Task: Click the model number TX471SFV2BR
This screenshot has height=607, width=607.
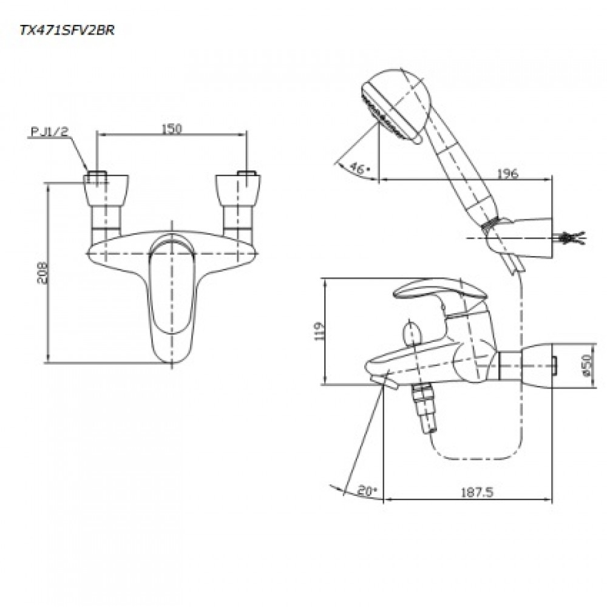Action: click(x=59, y=30)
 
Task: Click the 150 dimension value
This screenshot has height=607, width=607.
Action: click(x=173, y=128)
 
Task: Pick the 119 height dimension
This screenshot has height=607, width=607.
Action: click(x=322, y=331)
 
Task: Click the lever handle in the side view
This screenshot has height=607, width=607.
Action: click(x=437, y=290)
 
